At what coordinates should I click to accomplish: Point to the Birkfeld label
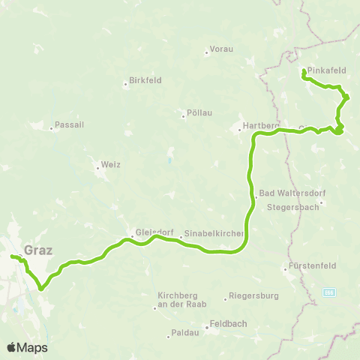145,80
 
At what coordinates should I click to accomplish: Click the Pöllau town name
198,113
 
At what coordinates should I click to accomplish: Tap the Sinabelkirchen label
214,235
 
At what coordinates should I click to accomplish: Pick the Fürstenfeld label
310,268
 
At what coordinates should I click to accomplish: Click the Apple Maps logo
27,347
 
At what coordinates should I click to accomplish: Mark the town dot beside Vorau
206,52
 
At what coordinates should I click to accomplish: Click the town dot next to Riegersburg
226,299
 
